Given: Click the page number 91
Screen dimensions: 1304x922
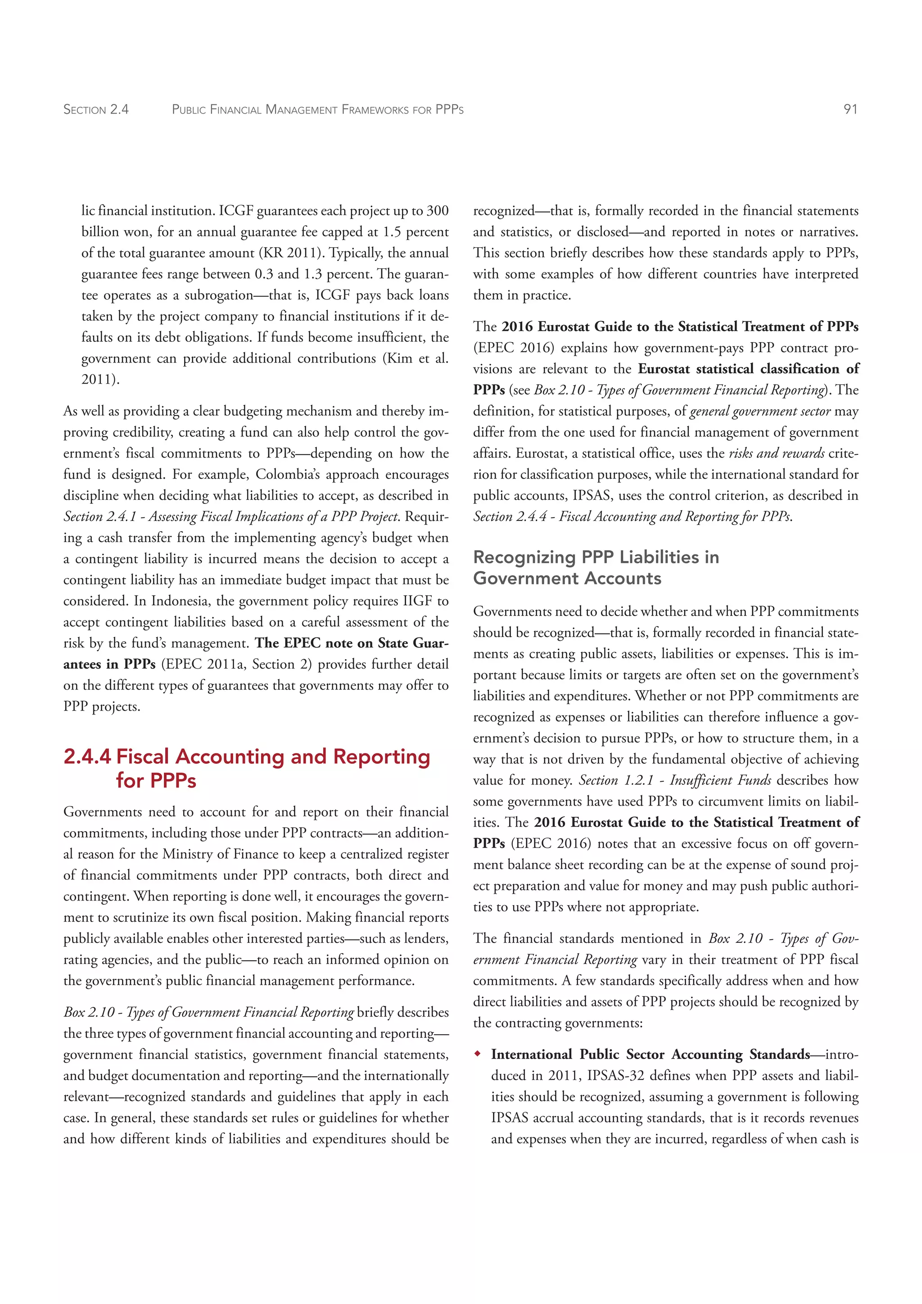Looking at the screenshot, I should (850, 109).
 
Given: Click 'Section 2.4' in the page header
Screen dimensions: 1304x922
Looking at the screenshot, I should (96, 109).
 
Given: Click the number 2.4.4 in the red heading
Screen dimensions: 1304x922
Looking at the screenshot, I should (87, 756).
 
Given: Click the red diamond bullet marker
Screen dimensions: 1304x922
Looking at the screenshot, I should (478, 1054).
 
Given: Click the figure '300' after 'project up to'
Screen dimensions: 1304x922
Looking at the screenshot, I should (437, 211).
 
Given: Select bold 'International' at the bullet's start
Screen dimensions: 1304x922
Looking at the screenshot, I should (531, 1054).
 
